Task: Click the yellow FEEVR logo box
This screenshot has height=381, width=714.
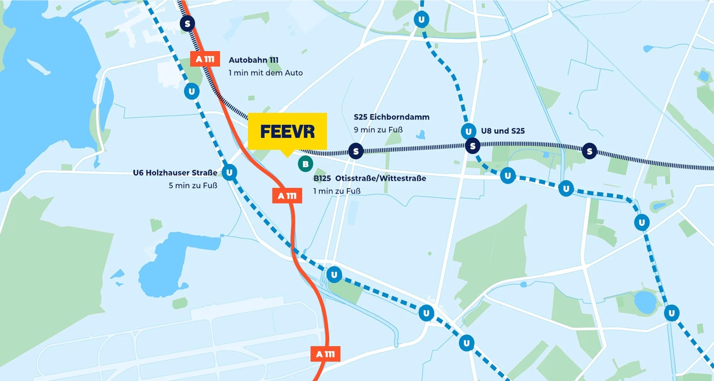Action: pos(287,131)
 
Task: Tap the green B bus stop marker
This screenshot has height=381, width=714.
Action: pos(305,164)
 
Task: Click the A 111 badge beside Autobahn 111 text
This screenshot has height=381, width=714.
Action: pos(205,59)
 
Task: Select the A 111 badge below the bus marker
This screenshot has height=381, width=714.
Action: pos(287,196)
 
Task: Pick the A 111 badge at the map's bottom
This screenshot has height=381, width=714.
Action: pos(325,354)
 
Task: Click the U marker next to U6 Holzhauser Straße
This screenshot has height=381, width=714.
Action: pos(229,172)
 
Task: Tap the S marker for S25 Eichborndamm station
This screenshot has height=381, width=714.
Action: pos(356,151)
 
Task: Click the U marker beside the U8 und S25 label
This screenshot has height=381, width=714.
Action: pos(468,131)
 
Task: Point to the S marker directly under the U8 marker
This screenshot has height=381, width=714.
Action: pos(472,146)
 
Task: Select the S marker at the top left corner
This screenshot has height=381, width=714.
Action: pos(187,23)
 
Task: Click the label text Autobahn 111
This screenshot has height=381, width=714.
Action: pos(254,60)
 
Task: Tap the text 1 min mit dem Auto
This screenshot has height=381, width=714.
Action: pos(266,73)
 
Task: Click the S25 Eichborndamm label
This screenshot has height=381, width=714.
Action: pos(392,117)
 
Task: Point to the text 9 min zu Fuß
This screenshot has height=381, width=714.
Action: pos(378,130)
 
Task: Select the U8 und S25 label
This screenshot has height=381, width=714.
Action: pos(503,131)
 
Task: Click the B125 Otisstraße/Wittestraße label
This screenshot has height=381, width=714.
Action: pos(370,178)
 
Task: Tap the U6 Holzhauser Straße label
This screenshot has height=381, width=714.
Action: pos(175,173)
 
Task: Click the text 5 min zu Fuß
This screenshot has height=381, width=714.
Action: pos(193,185)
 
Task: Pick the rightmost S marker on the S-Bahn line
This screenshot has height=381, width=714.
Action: pos(589,151)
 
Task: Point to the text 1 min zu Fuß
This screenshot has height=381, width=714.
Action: pos(337,191)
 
